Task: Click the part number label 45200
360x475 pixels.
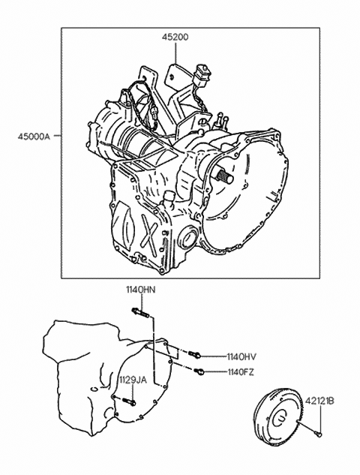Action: (175, 37)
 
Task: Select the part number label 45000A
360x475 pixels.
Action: (33, 137)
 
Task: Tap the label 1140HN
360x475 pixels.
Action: (141, 290)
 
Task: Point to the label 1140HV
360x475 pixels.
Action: (241, 357)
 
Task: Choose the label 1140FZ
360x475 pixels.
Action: (241, 372)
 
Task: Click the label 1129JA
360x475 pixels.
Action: (132, 380)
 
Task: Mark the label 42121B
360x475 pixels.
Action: (319, 401)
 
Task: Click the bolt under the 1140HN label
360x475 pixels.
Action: (140, 313)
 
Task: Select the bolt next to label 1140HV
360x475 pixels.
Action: (194, 354)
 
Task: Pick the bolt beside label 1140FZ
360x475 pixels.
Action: (199, 371)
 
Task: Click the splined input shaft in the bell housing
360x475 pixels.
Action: (223, 176)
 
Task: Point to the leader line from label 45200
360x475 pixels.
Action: (175, 53)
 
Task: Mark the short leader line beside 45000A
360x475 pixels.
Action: (57, 136)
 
